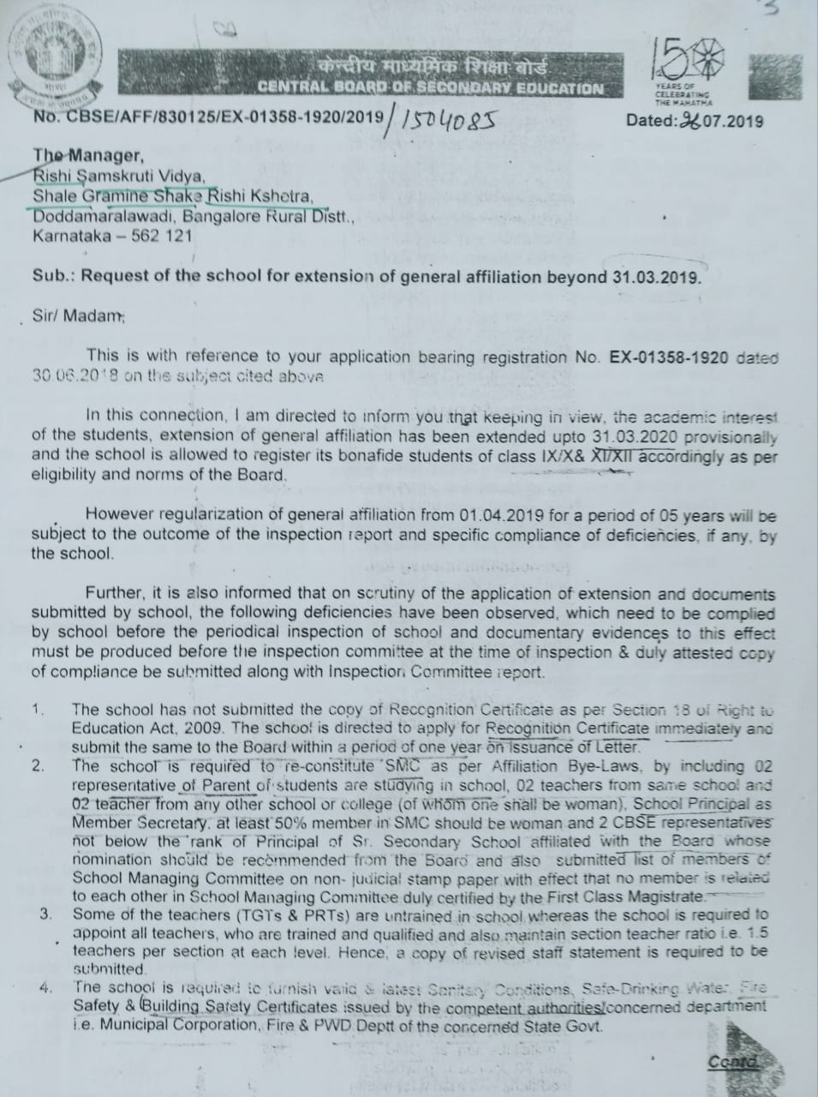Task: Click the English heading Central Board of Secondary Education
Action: pos(430,87)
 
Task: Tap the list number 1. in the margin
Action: pos(38,710)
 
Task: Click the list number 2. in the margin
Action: pos(38,766)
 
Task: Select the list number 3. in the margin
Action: pos(45,914)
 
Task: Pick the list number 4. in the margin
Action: pos(45,988)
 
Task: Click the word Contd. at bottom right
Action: pos(733,1063)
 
